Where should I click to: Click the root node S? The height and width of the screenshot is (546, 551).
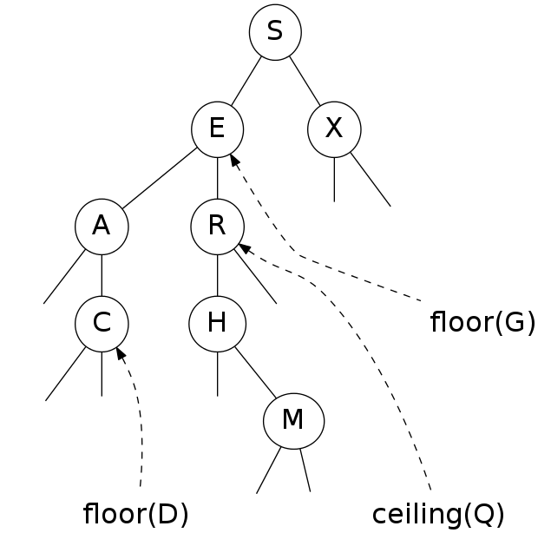click(x=275, y=32)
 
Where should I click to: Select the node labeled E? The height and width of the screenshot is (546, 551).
click(x=217, y=129)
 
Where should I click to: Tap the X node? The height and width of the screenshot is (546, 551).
click(x=333, y=129)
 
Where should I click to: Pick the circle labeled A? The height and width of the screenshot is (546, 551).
click(x=102, y=227)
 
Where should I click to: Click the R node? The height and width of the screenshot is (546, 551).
click(x=217, y=227)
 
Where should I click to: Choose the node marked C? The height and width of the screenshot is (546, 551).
click(x=102, y=324)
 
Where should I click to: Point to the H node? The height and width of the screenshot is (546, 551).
click(x=217, y=324)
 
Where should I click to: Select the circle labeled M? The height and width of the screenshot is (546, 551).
click(x=293, y=421)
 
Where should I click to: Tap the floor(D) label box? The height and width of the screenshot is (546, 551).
click(x=135, y=516)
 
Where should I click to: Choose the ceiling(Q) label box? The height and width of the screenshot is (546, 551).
click(x=438, y=516)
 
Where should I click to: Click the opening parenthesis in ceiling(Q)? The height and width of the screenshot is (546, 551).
click(x=469, y=516)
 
